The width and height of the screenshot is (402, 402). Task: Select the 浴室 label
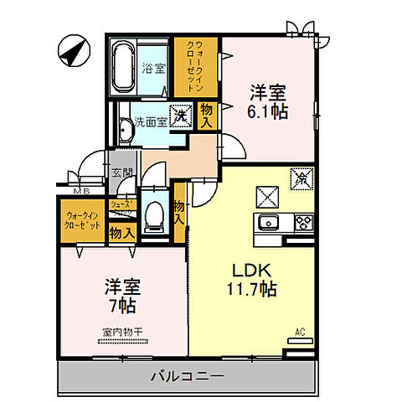(x=152, y=67)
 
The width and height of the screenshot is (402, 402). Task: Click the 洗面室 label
(x=151, y=122)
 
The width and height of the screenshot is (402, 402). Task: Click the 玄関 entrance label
(x=122, y=173)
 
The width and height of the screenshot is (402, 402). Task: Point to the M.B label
(x=82, y=191)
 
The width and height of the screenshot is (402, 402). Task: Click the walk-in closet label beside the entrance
(x=84, y=219)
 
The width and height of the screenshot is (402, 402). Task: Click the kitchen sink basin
(x=270, y=222)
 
